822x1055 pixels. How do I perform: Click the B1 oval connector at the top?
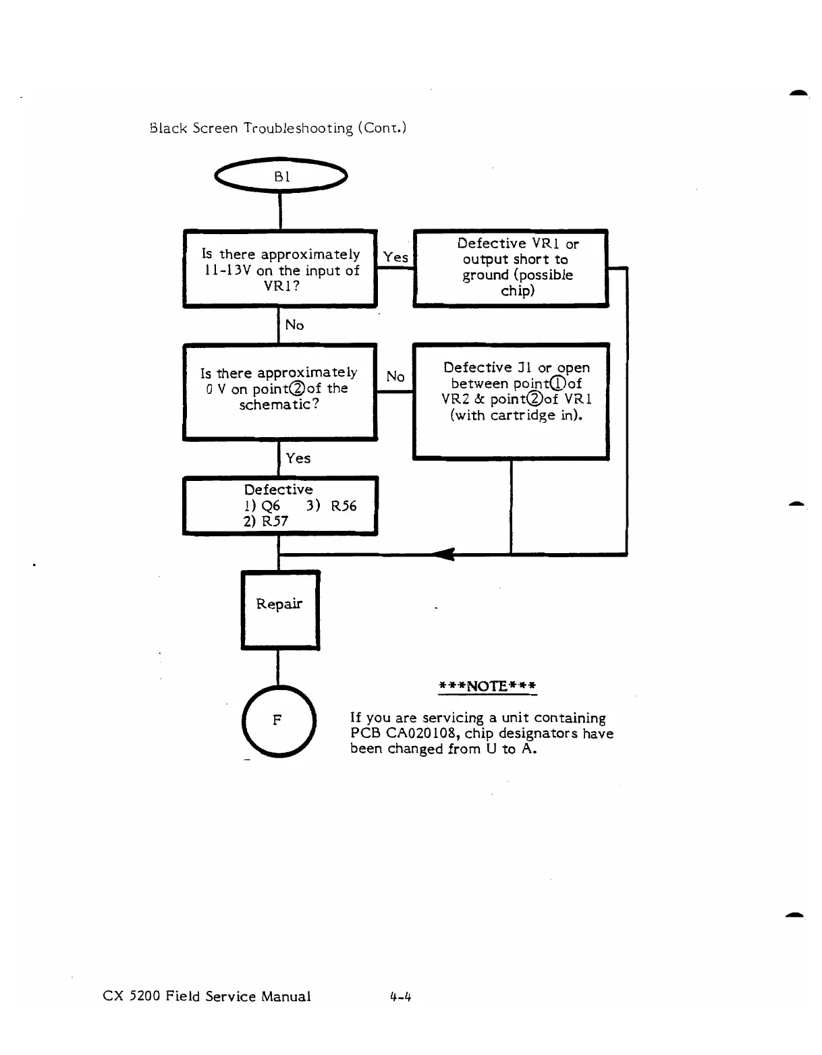click(280, 176)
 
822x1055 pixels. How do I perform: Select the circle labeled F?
click(277, 720)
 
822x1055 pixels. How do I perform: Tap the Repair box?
click(279, 610)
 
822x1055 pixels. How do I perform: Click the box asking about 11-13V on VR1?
click(280, 269)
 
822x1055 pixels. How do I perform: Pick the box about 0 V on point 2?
click(279, 391)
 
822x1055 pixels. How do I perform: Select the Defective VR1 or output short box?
click(511, 268)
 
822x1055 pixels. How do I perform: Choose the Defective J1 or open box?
click(511, 401)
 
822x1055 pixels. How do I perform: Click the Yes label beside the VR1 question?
click(395, 257)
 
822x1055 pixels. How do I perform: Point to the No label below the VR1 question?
click(294, 325)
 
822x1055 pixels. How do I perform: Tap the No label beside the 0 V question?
click(395, 376)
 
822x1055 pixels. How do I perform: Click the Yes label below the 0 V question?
click(298, 458)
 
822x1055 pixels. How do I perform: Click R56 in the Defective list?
click(344, 506)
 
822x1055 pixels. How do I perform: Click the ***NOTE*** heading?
click(487, 687)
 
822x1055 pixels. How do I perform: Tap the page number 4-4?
click(400, 996)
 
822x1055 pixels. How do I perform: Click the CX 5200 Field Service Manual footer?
click(207, 996)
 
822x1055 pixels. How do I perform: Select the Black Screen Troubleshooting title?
click(277, 127)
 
